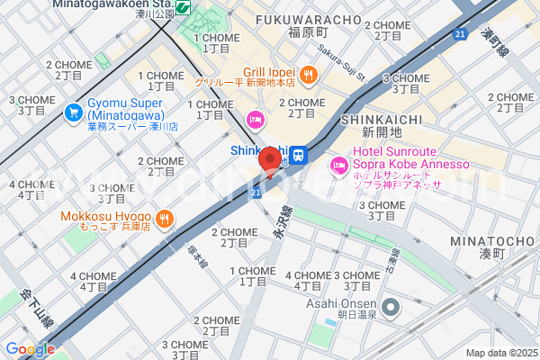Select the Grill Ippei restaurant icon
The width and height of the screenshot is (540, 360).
309,75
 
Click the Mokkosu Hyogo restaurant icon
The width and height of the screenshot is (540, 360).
165,217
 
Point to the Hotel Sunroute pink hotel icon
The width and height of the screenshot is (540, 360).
339,165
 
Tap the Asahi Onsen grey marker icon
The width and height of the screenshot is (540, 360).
391,308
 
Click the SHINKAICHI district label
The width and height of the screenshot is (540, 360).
374,120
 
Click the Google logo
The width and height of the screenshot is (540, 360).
31,349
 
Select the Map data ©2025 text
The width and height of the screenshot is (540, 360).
500,353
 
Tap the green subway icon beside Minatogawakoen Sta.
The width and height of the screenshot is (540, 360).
184,7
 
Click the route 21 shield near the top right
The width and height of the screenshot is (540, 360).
461,34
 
